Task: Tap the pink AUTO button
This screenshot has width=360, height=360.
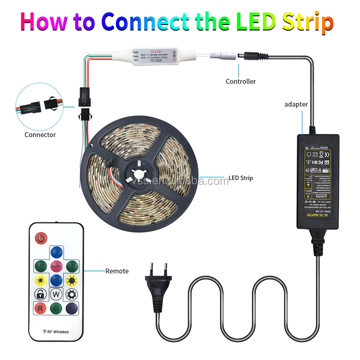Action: click(x=56, y=266)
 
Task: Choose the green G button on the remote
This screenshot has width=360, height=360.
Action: click(x=56, y=309)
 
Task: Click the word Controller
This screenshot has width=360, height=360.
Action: click(x=240, y=81)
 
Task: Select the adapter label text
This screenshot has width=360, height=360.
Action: click(x=296, y=104)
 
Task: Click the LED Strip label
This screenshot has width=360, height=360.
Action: click(x=241, y=178)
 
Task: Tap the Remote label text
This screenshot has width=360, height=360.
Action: click(x=117, y=271)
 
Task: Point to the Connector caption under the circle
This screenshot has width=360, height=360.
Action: click(x=40, y=135)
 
